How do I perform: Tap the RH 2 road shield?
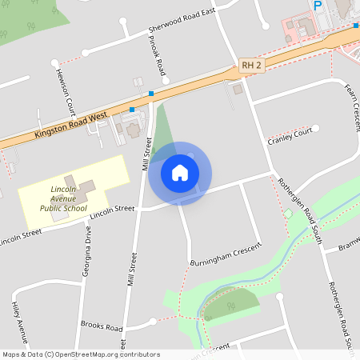[250, 66]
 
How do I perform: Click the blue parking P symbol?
[318, 6]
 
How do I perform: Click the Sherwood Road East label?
[182, 22]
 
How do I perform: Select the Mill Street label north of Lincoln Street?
[147, 154]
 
